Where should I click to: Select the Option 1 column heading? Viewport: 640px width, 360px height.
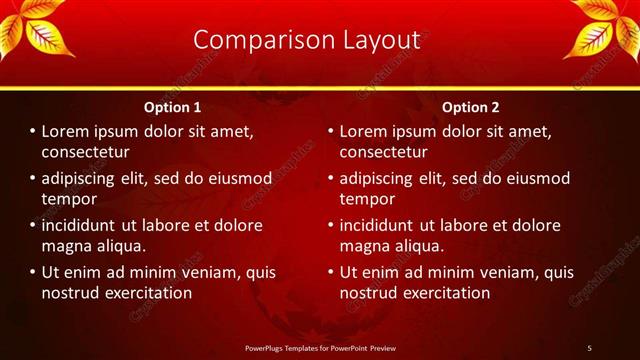pyautogui.click(x=172, y=107)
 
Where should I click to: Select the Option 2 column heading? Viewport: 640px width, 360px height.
pyautogui.click(x=470, y=107)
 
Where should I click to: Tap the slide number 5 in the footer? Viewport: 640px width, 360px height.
pyautogui.click(x=589, y=347)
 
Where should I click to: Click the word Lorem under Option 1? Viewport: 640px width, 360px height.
pyautogui.click(x=68, y=131)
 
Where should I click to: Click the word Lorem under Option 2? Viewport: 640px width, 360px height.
pyautogui.click(x=366, y=131)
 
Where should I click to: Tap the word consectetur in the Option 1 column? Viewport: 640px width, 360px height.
pyautogui.click(x=86, y=152)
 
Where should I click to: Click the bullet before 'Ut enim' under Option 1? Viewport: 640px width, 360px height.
pyautogui.click(x=32, y=272)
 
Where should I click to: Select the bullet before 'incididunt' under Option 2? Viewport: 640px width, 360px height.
pyautogui.click(x=330, y=225)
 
